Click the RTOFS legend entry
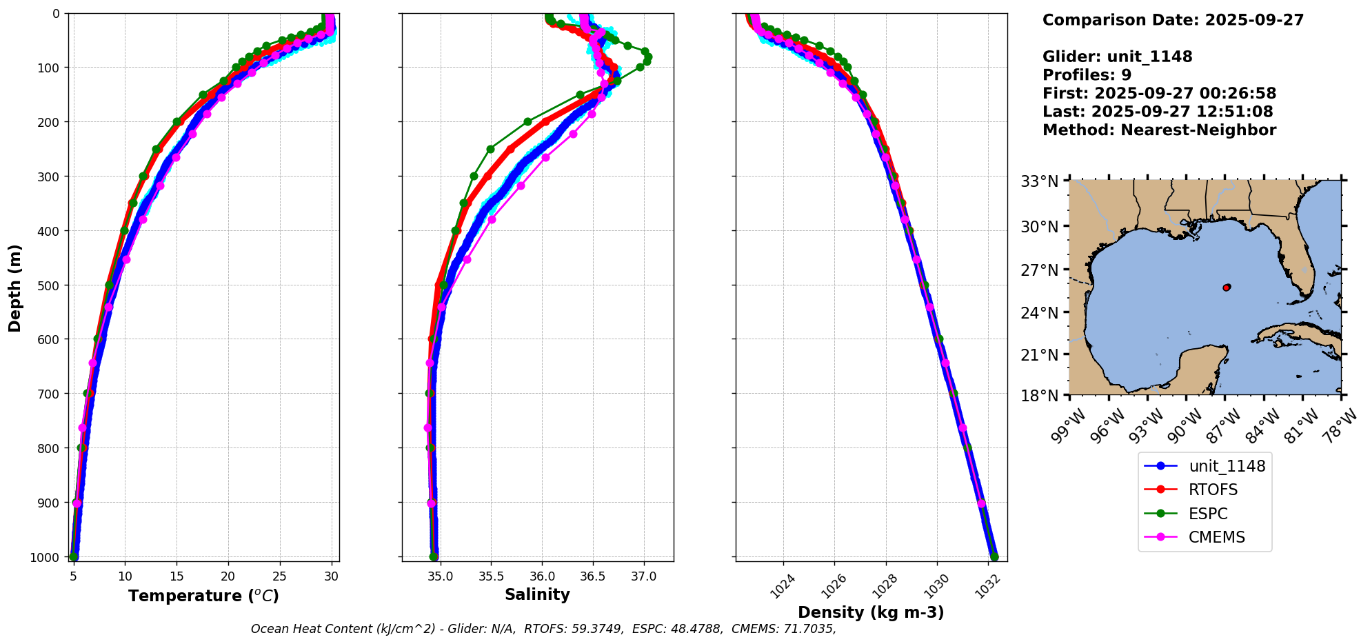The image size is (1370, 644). coord(1213,490)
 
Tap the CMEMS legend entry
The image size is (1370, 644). coord(1216,537)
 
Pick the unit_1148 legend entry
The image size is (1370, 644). coord(1227,466)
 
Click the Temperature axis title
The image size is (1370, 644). coord(203,596)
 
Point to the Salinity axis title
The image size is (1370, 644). coord(537,594)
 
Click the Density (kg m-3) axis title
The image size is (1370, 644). coord(871,612)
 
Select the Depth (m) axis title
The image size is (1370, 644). coord(14,288)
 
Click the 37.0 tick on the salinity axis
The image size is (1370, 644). coord(643,576)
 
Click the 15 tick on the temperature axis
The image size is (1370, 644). coord(177,576)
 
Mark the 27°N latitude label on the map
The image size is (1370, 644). coord(1039,270)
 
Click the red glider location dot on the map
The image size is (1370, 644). coord(1227,288)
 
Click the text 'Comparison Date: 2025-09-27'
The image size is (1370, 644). coord(1173,20)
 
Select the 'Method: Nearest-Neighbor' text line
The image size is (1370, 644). coord(1159,130)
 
